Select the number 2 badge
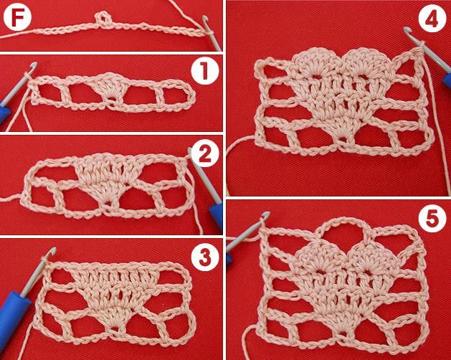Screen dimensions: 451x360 point(205,153)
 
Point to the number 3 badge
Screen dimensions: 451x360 point(205,257)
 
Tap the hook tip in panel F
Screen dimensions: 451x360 point(205,19)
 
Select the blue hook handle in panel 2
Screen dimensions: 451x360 point(217,215)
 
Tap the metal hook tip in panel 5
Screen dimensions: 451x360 point(266,214)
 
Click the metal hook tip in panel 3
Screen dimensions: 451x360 point(52,251)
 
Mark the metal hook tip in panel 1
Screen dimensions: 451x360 point(34,65)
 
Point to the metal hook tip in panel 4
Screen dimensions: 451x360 point(407,30)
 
